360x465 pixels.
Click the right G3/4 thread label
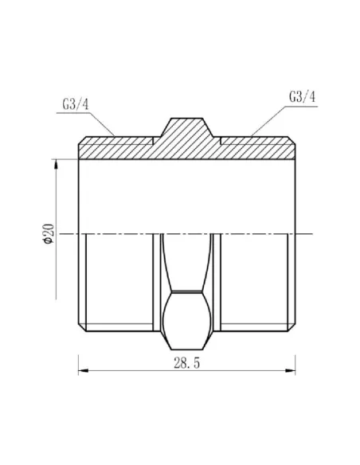tap(300, 96)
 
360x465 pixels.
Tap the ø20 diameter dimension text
tap(48, 234)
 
